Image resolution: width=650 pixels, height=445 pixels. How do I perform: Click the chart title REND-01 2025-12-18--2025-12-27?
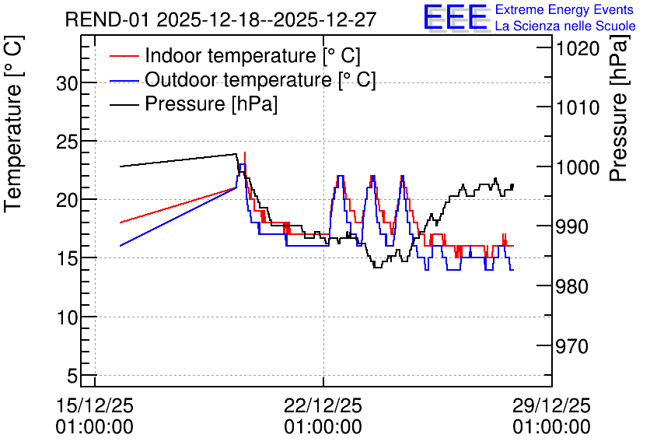pos(221,19)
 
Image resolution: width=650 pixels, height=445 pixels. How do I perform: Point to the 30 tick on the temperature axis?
pos(67,84)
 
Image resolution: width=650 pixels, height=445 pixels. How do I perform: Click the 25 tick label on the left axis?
pos(67,142)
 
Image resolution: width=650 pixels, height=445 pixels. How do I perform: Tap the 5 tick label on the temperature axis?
pos(72,377)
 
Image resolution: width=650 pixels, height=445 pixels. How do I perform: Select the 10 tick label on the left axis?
pos(67,318)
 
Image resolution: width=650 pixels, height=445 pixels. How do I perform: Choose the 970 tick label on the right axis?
pos(572,346)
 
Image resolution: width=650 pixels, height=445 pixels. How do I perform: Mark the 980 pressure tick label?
pos(572,286)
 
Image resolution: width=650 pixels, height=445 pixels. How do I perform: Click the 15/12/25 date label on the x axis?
pos(95,405)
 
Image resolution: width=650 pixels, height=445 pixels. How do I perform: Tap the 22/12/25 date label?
pos(323,405)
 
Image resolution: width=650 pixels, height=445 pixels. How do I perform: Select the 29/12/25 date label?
pos(551,405)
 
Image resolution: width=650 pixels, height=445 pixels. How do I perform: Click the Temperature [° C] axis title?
pos(13,124)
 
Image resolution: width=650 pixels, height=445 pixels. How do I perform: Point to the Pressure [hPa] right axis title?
pos(618,108)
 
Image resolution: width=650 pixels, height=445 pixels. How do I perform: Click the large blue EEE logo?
pos(456,18)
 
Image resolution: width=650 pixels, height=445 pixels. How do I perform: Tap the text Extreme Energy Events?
pos(564,9)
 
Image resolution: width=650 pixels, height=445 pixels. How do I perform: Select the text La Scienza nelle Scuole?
pos(565,26)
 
